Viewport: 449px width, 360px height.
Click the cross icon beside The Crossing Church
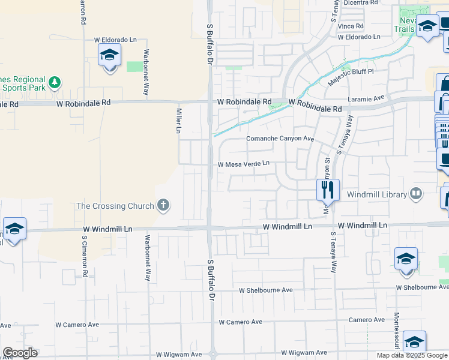163,206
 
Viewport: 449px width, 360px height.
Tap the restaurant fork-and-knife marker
328,190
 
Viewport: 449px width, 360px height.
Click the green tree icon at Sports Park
54,82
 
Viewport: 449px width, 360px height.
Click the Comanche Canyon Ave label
280,139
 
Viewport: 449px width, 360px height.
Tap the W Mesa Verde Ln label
243,163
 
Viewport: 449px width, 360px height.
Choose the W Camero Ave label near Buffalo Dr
240,322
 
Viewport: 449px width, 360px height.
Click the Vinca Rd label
351,26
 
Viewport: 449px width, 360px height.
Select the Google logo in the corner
20,353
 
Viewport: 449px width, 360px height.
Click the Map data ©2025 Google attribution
412,355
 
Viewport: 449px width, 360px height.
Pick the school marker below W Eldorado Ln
110,57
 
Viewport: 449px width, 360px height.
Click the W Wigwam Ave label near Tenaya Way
304,353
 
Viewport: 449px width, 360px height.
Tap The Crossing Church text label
115,206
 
